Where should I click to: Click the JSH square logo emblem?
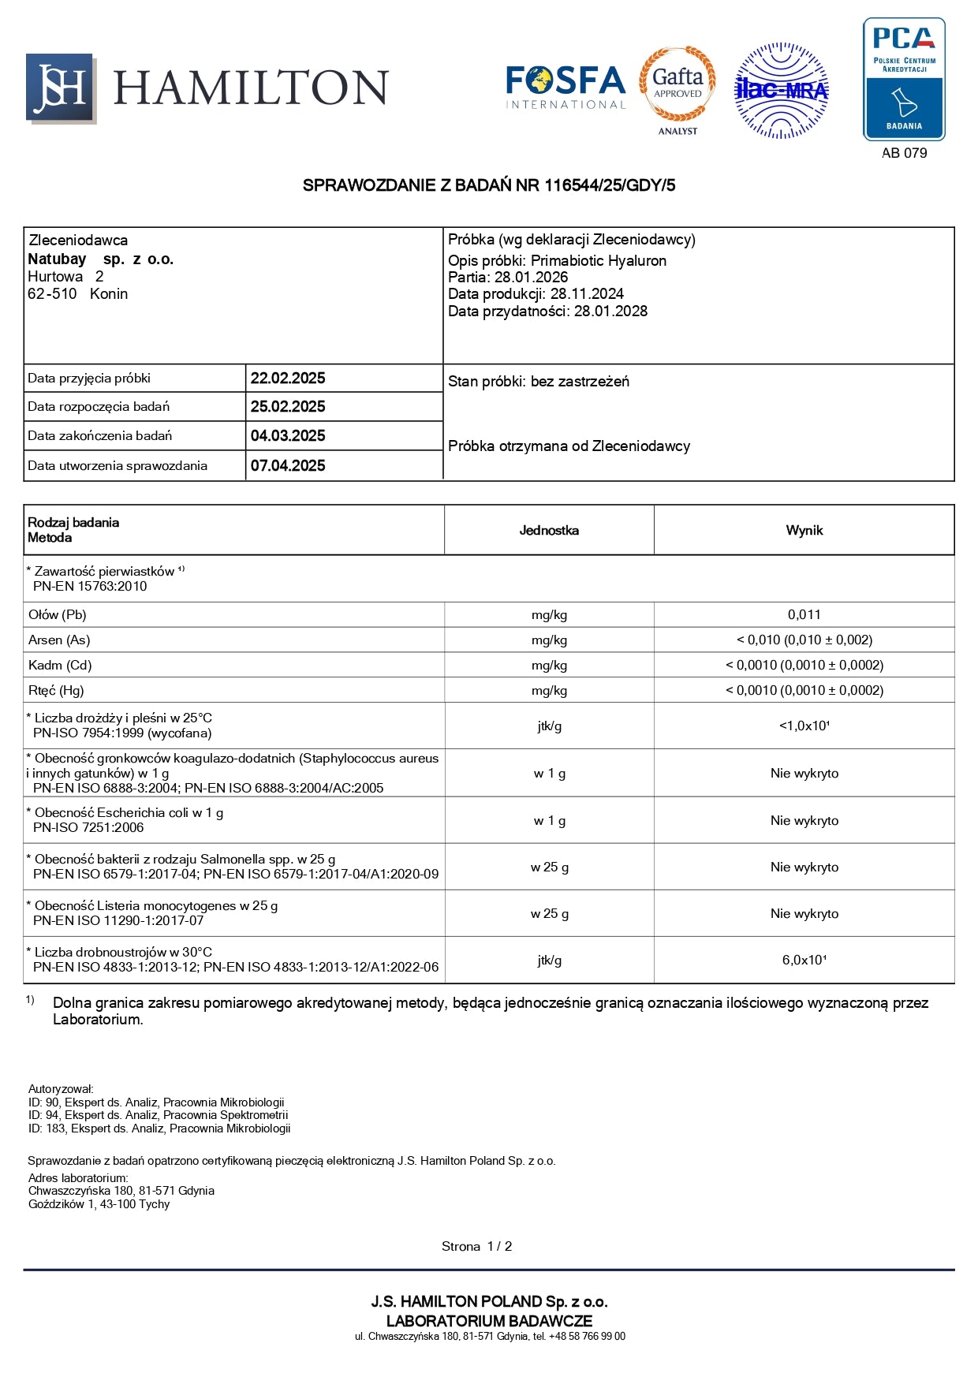click(61, 88)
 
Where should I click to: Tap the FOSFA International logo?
click(565, 87)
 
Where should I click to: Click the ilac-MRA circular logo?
click(781, 91)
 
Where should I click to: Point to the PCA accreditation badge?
click(904, 80)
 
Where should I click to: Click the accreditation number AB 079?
click(904, 153)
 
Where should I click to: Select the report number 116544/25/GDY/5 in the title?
click(610, 185)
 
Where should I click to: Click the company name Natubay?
click(57, 259)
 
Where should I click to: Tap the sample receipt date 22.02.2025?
click(288, 378)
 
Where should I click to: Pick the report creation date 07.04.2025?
click(288, 465)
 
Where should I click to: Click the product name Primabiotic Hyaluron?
click(599, 260)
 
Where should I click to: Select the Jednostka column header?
click(549, 530)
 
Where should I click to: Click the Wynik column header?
click(804, 530)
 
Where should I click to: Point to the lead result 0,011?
click(804, 614)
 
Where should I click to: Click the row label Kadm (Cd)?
click(60, 665)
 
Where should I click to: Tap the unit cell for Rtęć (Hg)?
click(549, 690)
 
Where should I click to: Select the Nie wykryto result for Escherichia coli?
click(804, 820)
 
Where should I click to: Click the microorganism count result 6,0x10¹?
click(804, 960)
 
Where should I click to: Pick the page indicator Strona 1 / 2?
click(476, 1246)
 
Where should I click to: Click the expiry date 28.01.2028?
click(610, 311)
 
